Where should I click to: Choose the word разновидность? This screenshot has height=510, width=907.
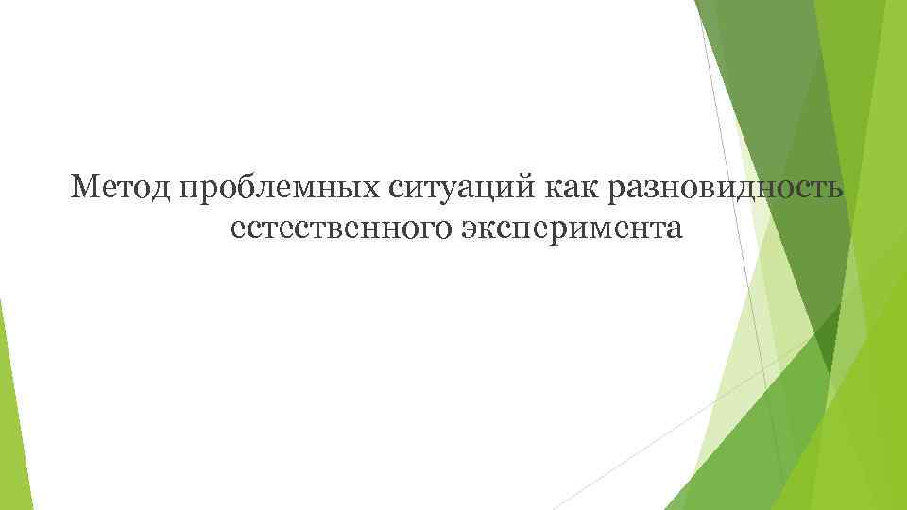[725, 189]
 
